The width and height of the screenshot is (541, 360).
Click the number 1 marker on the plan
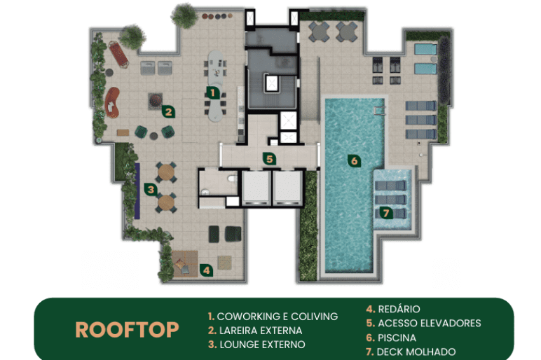tap(212, 92)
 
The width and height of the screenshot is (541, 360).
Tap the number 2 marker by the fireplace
tap(168, 111)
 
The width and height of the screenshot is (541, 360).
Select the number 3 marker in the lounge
tap(151, 189)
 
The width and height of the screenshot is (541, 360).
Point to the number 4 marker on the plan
tap(206, 270)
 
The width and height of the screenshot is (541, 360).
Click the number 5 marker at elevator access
tap(270, 159)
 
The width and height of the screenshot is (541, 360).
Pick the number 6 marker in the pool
tap(354, 160)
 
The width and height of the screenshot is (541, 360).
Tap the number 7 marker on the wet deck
tap(386, 213)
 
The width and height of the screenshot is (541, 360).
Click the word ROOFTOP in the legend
tap(127, 330)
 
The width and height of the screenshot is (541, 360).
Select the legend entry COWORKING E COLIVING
tap(273, 316)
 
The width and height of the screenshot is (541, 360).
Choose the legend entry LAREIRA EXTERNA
tap(255, 331)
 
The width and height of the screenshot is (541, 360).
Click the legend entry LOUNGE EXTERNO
tap(256, 345)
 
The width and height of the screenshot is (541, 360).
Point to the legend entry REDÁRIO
tap(393, 309)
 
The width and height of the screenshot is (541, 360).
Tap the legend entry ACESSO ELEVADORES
tap(424, 323)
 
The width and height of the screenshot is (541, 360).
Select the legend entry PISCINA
tap(391, 338)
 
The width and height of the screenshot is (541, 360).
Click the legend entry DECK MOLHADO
tap(411, 352)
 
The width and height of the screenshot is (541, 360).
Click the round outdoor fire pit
tap(156, 100)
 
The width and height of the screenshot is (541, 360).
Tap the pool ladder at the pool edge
tap(379, 111)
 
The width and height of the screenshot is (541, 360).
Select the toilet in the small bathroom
tap(232, 179)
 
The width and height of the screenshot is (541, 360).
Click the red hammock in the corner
tap(118, 54)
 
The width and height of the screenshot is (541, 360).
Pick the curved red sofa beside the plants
tap(112, 102)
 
